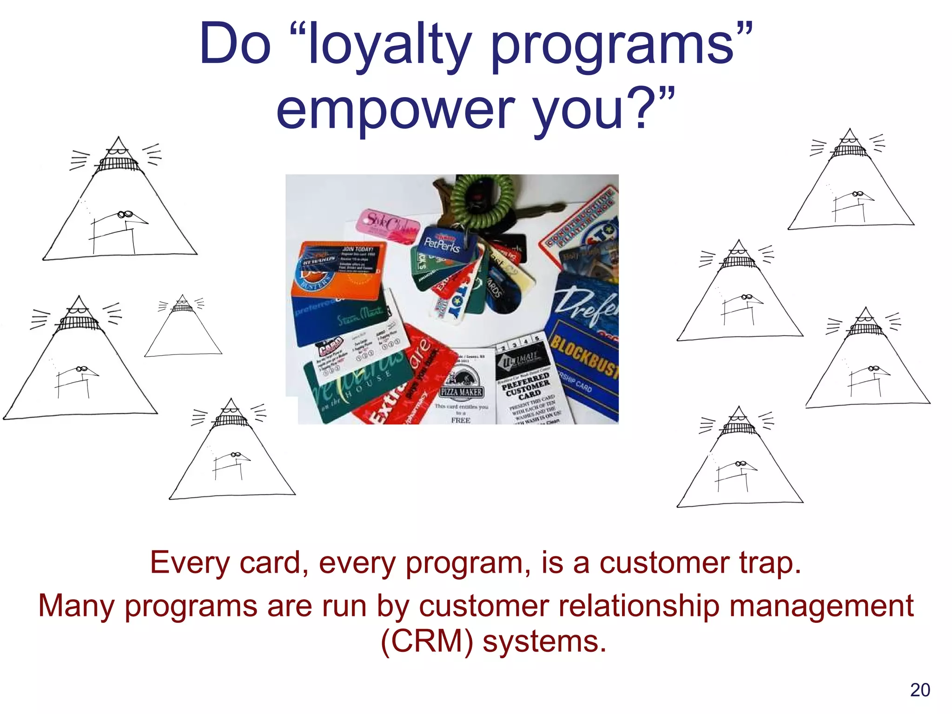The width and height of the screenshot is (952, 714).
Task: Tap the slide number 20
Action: (920, 690)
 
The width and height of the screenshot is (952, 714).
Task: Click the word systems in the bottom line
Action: (544, 641)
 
